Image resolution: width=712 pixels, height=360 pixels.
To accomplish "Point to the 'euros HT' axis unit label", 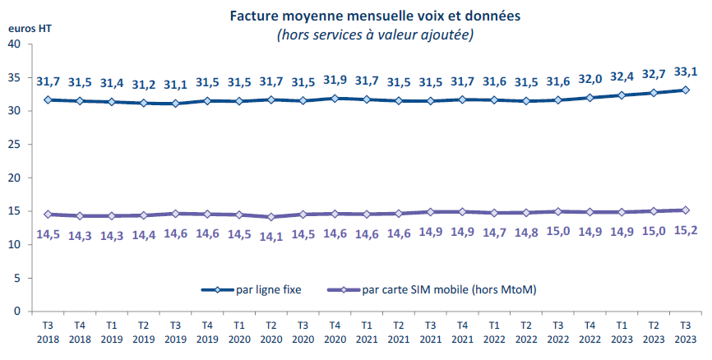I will click(x=30, y=27).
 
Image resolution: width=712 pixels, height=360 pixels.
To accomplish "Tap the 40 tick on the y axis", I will click(x=16, y=44).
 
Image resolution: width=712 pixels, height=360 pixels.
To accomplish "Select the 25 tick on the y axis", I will click(x=16, y=145).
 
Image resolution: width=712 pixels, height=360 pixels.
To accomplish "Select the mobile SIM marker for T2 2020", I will click(x=271, y=217).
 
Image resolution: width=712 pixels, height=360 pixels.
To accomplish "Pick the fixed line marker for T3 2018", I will click(x=48, y=99).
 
